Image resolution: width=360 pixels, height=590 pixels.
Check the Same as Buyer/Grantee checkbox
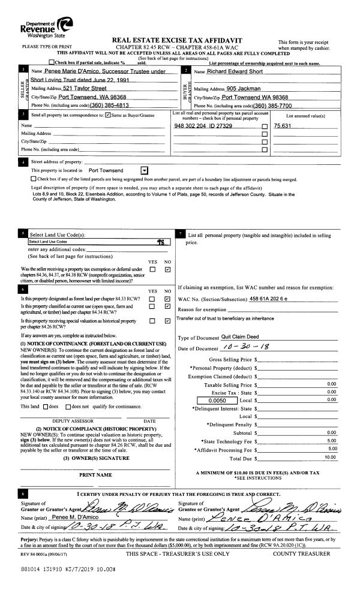tap(107, 115)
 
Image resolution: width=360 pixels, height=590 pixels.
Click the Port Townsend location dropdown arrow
tap(143, 170)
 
